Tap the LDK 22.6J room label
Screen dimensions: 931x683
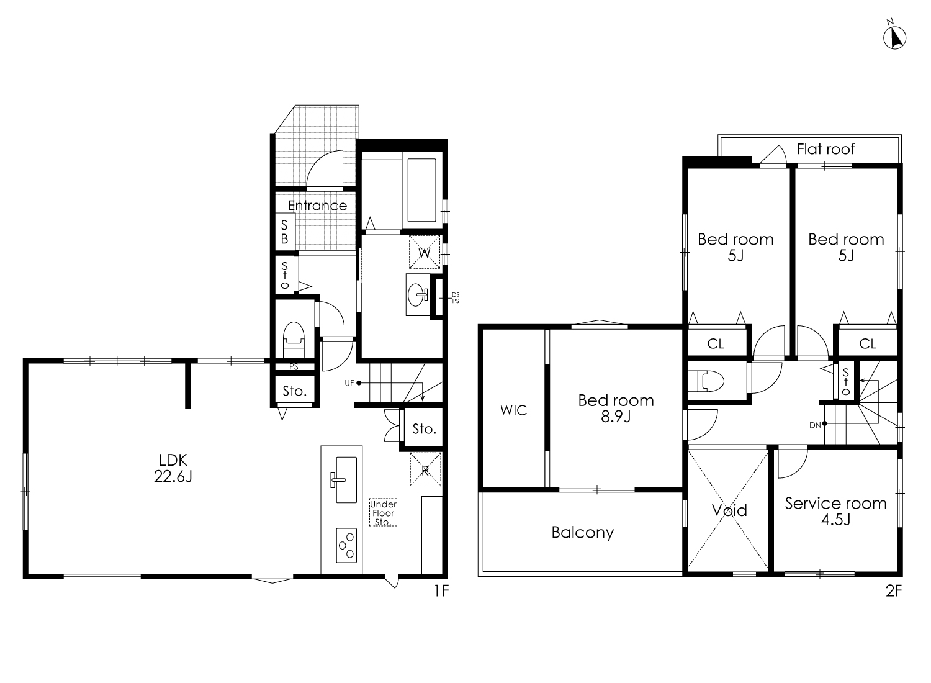(173, 468)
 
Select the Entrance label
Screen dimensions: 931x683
(317, 206)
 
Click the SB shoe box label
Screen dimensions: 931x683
(284, 232)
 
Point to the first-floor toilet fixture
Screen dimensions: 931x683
(294, 339)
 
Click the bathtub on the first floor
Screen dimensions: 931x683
(421, 190)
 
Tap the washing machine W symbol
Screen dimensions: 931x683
(425, 252)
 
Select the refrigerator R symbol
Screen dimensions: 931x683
(425, 469)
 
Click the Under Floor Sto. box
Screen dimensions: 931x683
(383, 513)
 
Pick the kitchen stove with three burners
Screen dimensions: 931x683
(346, 545)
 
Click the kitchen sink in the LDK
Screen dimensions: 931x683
(346, 480)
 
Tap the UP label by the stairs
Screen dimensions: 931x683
(349, 383)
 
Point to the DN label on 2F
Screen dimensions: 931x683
(814, 425)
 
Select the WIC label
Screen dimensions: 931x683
(514, 410)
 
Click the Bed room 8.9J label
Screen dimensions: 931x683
(616, 408)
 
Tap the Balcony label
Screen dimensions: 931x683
(583, 533)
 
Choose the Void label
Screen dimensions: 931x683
(729, 510)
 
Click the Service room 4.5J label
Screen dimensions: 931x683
(836, 511)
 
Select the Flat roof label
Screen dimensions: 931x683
(826, 149)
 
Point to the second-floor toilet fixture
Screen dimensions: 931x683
(706, 381)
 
